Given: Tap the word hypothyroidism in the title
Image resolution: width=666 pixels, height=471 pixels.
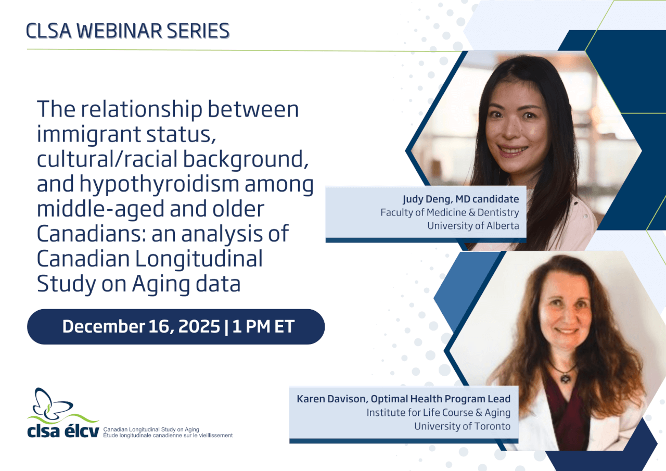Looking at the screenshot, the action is pos(159,185).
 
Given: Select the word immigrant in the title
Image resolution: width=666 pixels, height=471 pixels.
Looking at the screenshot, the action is pos(88,135).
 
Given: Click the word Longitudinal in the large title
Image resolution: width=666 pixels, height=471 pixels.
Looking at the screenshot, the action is pos(199,259).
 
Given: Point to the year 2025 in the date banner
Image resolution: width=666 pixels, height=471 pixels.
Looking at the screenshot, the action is pos(199,326).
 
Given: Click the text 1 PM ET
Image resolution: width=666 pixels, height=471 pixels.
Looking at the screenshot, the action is pos(263,326).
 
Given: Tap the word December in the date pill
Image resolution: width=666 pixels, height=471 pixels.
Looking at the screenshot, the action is pos(104,326).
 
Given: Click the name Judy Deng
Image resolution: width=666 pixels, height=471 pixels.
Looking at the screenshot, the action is pos(428,199).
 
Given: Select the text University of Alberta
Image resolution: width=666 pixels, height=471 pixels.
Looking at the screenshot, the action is pos(473,226).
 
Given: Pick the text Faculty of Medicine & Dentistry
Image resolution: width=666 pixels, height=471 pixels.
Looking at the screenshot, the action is pos(450,212).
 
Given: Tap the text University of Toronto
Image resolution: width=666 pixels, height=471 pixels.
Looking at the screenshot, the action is pos(463,426).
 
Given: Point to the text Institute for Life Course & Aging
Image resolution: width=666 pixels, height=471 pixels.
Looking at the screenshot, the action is pos(438,413).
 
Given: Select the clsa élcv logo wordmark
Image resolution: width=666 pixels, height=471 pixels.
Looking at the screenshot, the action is pos(63,430).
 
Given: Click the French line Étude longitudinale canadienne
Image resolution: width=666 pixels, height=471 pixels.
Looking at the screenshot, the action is pos(168,436).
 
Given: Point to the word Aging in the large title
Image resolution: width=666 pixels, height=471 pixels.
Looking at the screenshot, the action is pos(161,285).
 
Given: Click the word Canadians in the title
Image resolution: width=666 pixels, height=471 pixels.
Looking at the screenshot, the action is pos(92,234).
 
